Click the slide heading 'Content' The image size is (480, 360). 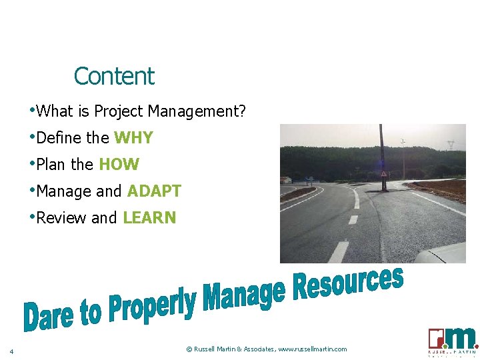tap(114, 76)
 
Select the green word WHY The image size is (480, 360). tap(133, 138)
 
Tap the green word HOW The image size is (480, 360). tap(119, 165)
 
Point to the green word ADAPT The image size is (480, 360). tap(154, 191)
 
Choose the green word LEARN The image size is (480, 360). tap(149, 218)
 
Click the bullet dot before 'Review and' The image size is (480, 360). tap(32, 217)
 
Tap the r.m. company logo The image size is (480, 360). tap(453, 341)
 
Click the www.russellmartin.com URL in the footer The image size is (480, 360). tap(313, 349)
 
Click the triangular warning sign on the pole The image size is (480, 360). tap(384, 173)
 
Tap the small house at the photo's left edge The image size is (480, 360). tap(285, 179)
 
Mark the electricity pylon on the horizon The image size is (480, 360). tap(451, 144)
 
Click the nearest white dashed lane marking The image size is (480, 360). tap(339, 252)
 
